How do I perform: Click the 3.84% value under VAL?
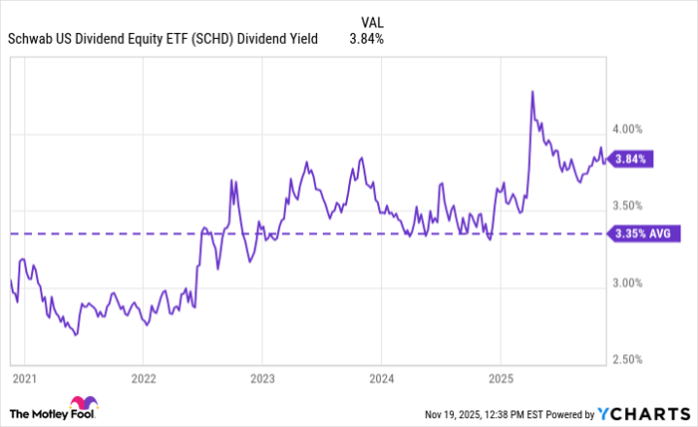click(x=366, y=39)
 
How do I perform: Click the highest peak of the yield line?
click(x=532, y=91)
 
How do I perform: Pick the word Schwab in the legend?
click(x=29, y=39)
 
